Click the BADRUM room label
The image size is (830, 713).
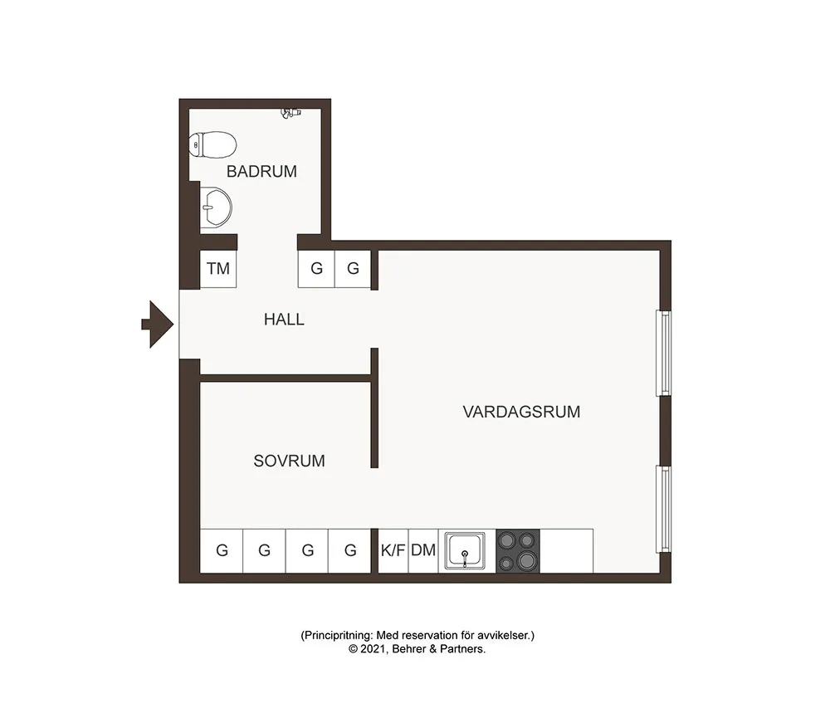261,172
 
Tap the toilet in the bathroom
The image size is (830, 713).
213,145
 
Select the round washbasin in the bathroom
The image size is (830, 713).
217,205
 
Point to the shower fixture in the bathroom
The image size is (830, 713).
290,111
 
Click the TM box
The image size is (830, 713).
218,269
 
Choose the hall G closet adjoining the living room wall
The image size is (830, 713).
353,269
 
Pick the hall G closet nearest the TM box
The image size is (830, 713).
316,269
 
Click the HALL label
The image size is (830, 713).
284,319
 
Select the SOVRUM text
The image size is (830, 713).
289,461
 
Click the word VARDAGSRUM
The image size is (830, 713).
521,412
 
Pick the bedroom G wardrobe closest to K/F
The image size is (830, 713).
350,550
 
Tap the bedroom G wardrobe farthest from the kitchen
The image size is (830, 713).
222,550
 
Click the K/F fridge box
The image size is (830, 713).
393,550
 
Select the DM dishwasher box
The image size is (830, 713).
423,550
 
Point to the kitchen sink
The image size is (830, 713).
466,550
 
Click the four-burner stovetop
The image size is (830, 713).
518,550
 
